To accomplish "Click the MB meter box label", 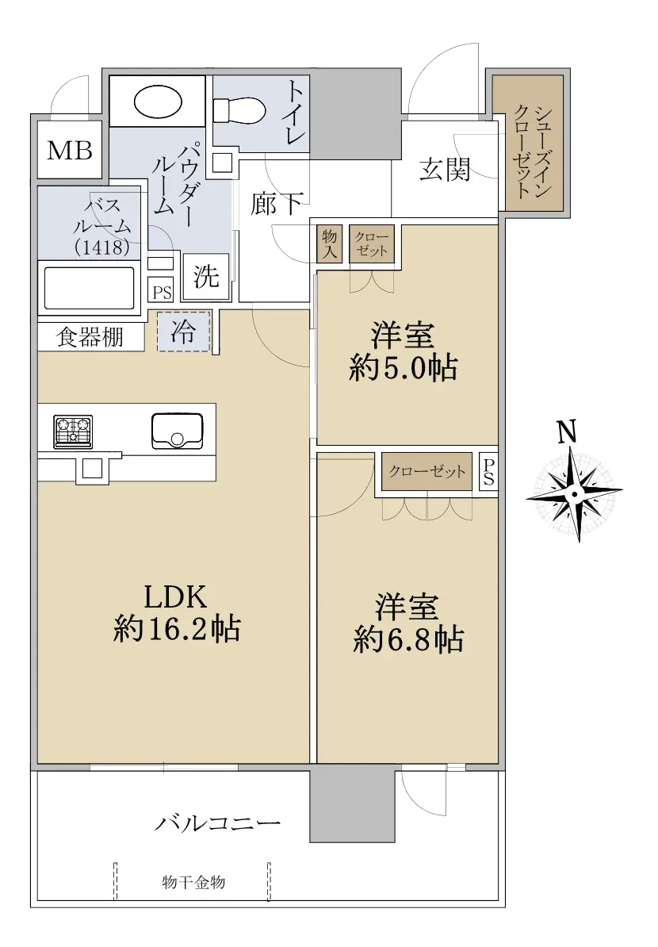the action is (70, 150).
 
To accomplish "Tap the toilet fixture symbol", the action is (239, 110).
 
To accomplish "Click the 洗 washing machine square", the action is (206, 277).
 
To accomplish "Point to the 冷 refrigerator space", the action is (183, 331).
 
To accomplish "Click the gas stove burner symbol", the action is (73, 431).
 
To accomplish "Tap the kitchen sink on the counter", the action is (177, 431).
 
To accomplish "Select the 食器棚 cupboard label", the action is (90, 337).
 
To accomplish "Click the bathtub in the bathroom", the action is (90, 288).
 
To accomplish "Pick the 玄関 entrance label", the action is (445, 170).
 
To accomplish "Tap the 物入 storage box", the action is (329, 243).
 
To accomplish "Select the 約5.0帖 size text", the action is (404, 368).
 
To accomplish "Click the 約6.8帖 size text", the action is (409, 639).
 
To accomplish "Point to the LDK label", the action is (176, 596).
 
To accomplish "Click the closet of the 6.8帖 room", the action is (427, 472).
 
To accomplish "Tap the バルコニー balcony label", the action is (218, 823).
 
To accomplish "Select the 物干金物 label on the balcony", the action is (193, 883).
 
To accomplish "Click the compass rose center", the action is (574, 494).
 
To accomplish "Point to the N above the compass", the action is (566, 432).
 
